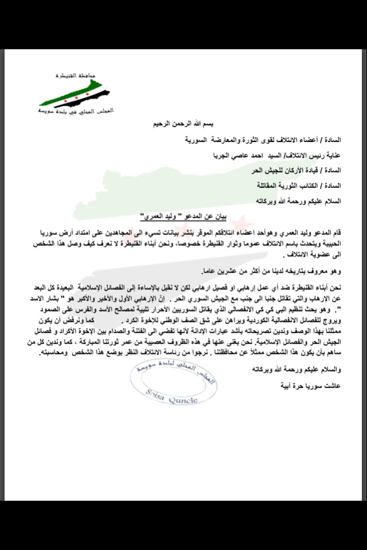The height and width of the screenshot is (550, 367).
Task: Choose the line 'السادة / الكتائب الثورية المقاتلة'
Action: pyautogui.click(x=307, y=186)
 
